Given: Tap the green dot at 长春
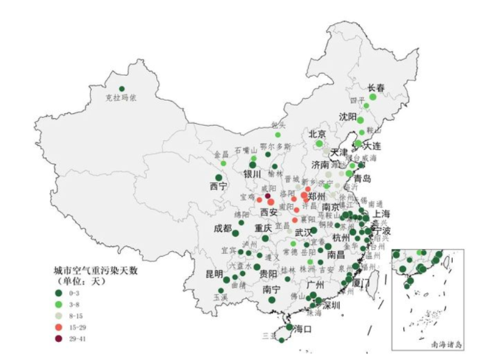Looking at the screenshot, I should point(373,97).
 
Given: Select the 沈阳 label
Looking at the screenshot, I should point(347,116).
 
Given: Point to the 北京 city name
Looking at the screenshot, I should point(317,134).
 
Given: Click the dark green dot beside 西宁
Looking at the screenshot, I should point(219,177).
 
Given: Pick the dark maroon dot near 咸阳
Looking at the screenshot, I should point(267,195).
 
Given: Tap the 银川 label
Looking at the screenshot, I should point(253,174).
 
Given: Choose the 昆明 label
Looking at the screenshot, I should point(214,274).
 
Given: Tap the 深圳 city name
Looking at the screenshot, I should point(330,305).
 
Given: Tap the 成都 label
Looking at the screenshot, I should point(223,229).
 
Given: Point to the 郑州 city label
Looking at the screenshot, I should point(316,196).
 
